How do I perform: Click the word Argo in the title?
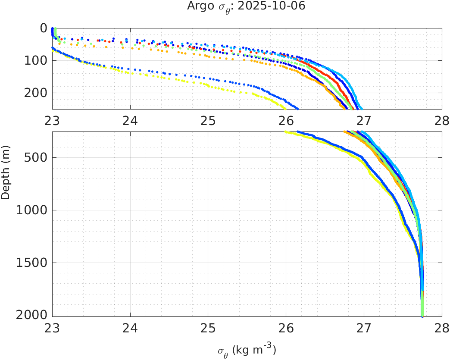click(x=199, y=6)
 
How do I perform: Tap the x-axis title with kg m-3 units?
click(x=247, y=350)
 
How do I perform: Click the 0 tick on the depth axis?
click(x=43, y=28)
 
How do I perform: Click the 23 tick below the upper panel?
click(x=53, y=121)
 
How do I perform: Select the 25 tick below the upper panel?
click(x=208, y=121)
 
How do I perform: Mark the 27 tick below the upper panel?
click(x=364, y=121)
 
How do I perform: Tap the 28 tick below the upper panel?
click(x=442, y=121)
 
